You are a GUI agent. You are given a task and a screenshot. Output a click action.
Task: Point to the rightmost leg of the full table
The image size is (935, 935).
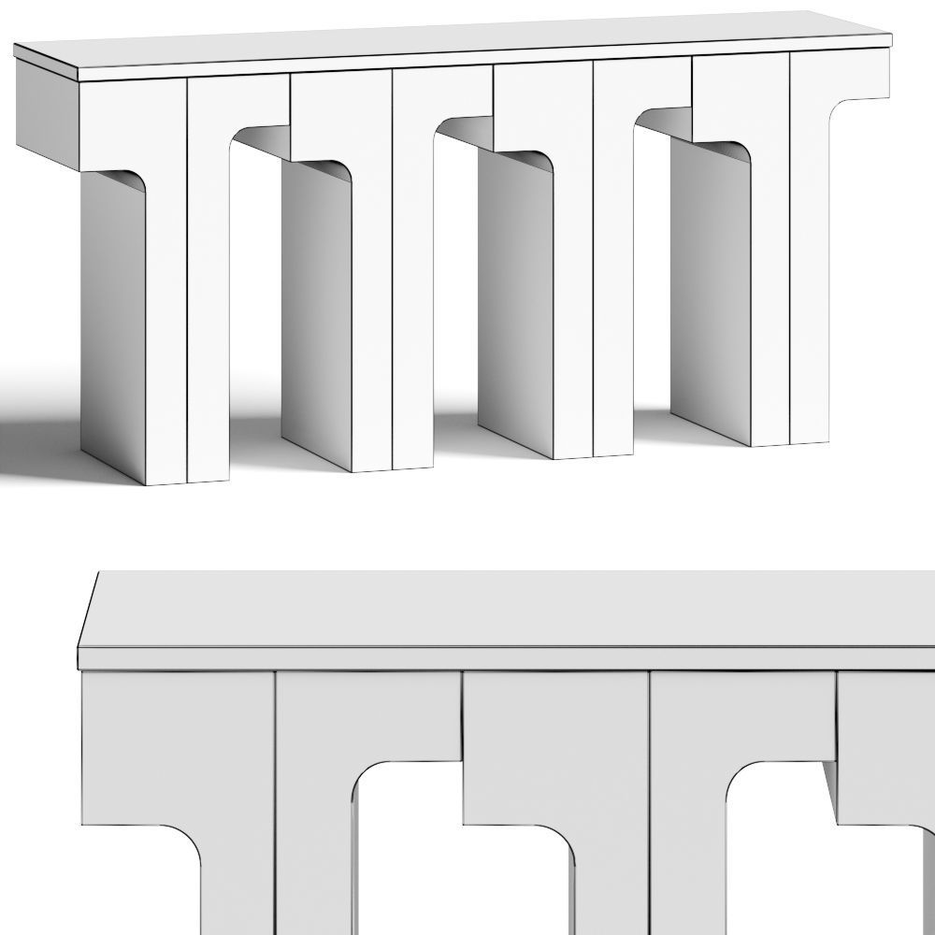[x=809, y=280]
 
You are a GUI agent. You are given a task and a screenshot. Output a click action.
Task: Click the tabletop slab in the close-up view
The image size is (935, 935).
[x=505, y=608]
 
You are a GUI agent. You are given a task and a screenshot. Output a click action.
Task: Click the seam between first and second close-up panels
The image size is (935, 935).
[x=275, y=748]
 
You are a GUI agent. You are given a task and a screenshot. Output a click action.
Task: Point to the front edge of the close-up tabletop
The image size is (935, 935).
[x=505, y=659]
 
